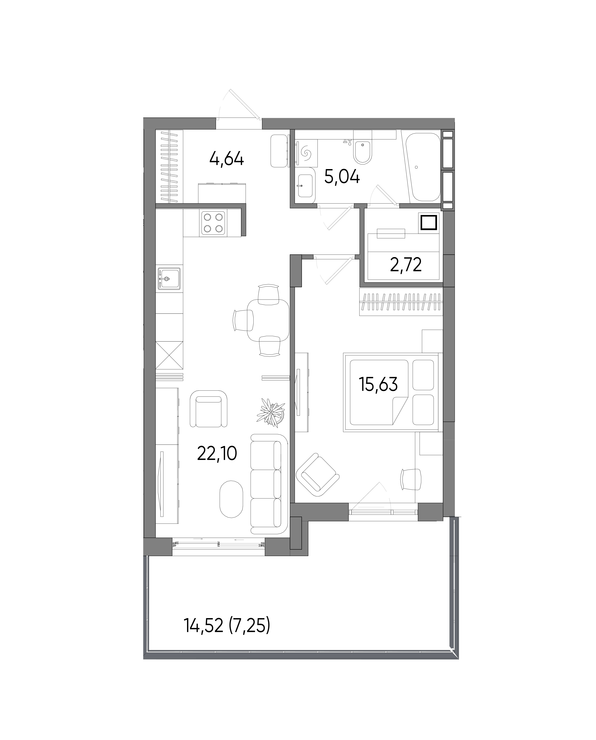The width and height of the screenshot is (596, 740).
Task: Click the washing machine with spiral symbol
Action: point(306,153)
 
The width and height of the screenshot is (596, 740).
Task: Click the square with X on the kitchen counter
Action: point(169,355)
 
